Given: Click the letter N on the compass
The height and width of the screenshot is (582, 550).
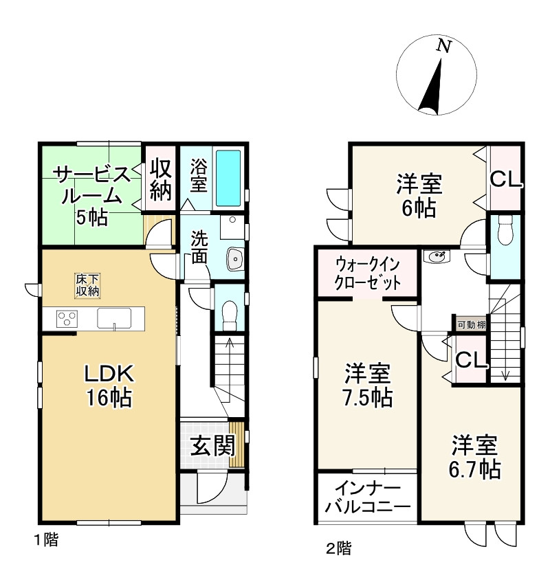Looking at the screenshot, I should (445, 47).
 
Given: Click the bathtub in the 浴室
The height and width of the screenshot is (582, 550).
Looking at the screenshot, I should (228, 177).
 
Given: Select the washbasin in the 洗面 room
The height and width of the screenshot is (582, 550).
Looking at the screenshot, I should (234, 260).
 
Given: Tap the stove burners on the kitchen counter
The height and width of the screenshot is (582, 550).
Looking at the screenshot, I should (66, 319).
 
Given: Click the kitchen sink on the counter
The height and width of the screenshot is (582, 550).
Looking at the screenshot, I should (115, 319).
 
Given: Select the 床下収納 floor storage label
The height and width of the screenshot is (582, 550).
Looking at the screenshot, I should (87, 285).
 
